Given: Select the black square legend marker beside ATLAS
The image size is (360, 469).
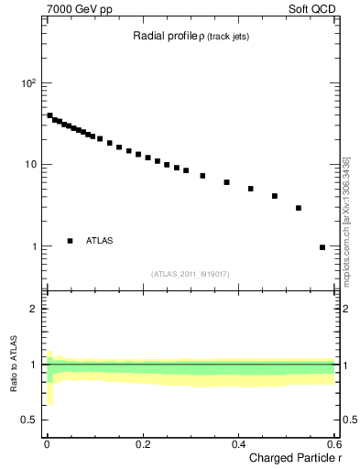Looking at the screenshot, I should point(70,241).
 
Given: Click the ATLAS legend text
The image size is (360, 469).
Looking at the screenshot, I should point(100,241).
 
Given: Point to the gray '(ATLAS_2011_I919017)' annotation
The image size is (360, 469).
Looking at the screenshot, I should point(190,274).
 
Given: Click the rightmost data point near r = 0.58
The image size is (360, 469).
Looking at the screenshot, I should point(322,247).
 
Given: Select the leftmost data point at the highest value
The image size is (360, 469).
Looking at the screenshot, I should point(49,115).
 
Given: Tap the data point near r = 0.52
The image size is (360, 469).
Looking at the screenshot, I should point(299,208).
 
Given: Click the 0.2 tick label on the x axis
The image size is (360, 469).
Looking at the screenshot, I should point(142,443).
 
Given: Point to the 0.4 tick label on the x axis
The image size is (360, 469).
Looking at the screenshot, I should point(238,443).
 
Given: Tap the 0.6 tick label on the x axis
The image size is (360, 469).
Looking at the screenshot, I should point(334,443).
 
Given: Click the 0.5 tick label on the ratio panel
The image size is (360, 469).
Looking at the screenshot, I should point(30,420).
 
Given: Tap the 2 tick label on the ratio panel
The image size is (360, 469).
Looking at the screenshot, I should point(34,309).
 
